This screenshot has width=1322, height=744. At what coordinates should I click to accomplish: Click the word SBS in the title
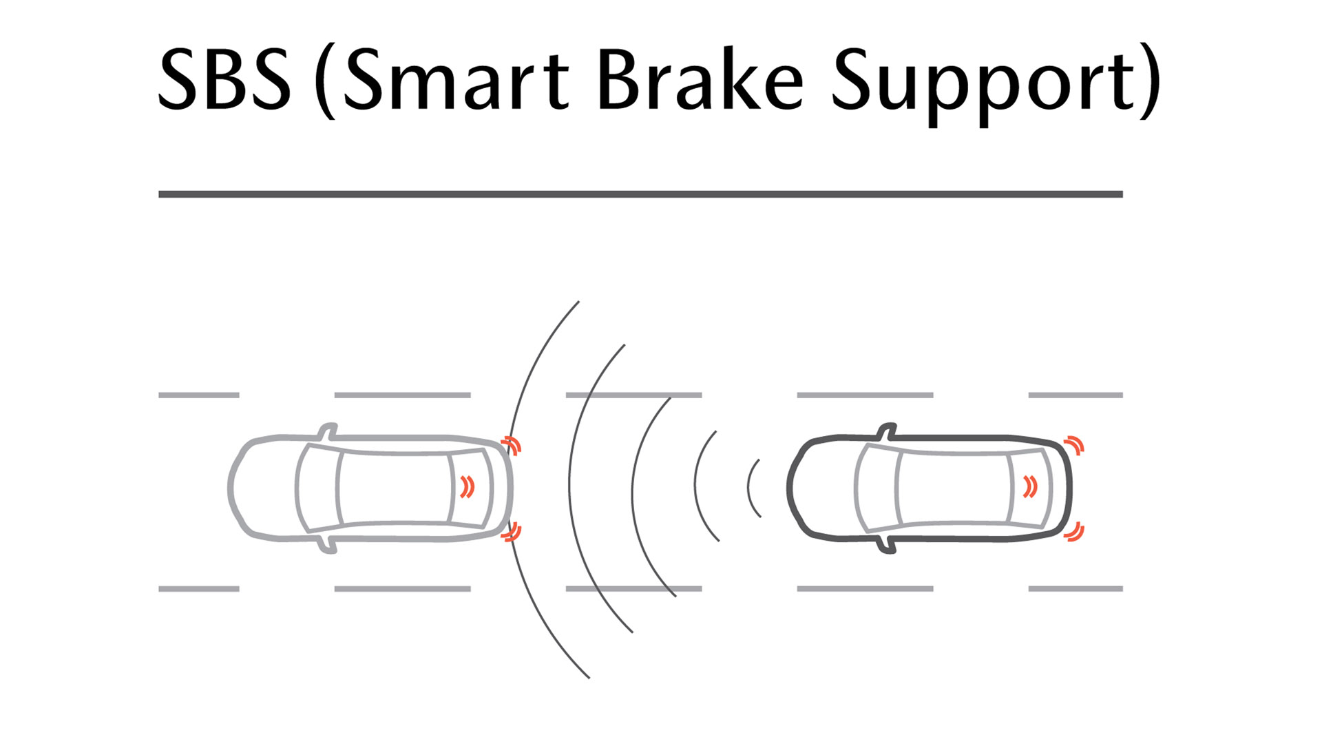(224, 79)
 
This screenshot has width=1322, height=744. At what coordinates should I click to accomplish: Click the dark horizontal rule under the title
(640, 194)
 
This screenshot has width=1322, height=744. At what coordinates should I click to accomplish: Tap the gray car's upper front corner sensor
(513, 444)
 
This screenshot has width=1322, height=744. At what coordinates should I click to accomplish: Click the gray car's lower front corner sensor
(512, 532)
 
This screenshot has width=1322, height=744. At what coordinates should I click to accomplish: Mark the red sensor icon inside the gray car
(468, 487)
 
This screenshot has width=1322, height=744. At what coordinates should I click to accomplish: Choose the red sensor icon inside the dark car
(1030, 487)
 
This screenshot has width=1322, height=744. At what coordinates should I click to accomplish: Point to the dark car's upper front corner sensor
(1075, 445)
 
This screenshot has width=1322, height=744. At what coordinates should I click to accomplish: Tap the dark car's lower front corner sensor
(1075, 532)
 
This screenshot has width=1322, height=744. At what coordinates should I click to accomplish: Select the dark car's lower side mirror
(888, 544)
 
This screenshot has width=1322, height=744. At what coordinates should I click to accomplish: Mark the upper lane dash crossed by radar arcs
(633, 395)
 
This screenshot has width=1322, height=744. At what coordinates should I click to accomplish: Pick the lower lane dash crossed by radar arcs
(633, 589)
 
